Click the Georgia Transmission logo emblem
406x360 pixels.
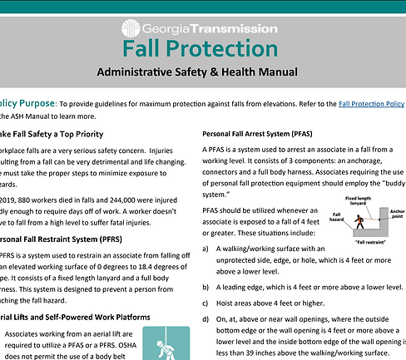coord(131,26)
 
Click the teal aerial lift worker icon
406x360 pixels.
coord(160,344)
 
